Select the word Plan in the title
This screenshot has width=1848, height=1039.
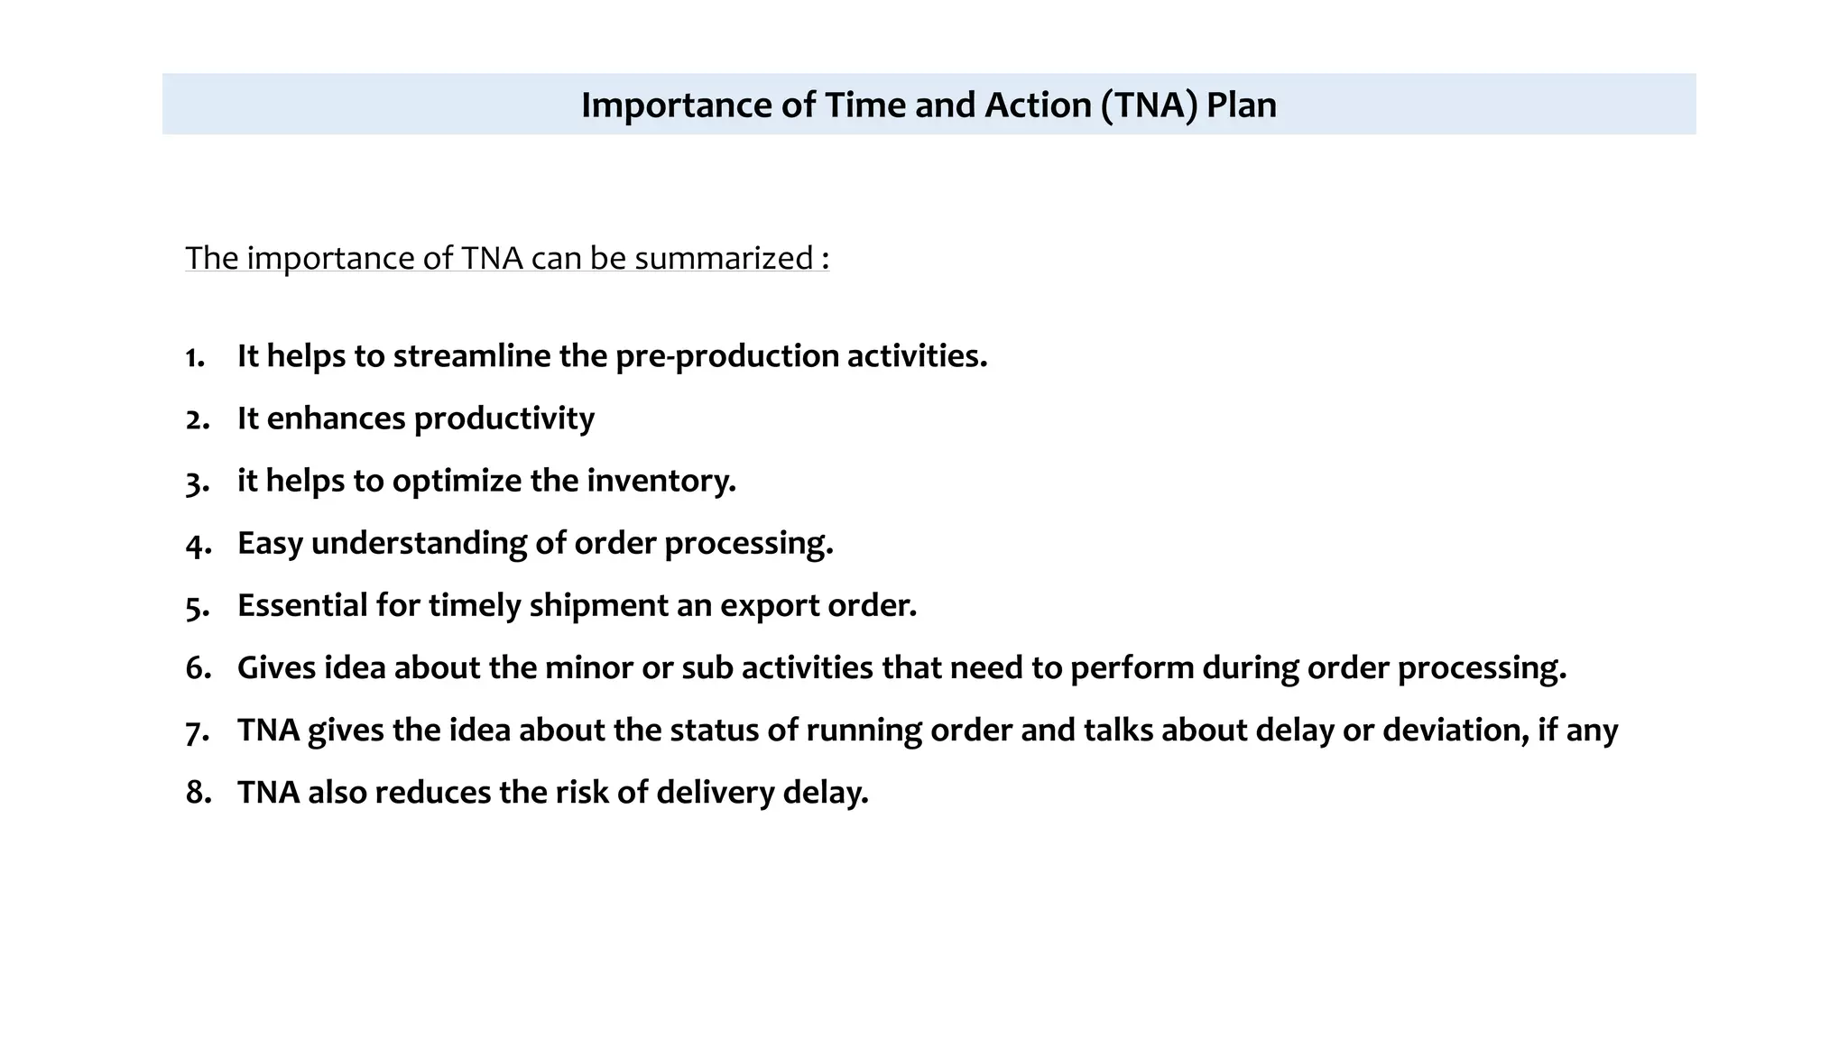pos(1242,106)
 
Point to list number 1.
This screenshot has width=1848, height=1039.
pos(195,357)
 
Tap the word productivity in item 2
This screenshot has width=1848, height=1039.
pos(504,419)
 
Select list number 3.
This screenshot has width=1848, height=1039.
pos(197,483)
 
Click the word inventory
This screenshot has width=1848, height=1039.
pos(661,481)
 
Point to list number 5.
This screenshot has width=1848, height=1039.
pos(197,607)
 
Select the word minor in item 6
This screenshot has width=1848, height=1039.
pos(588,668)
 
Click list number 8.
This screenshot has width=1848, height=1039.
pos(198,793)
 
